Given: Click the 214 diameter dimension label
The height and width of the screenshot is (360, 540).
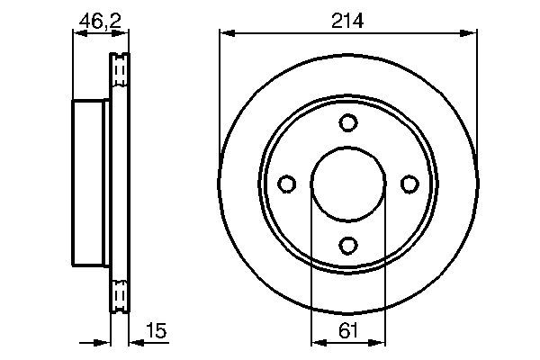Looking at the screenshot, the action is pos(347,21).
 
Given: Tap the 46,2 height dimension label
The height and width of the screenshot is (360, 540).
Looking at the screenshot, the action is pos(100,22).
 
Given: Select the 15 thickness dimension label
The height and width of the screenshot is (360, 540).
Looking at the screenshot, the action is pos(157,330).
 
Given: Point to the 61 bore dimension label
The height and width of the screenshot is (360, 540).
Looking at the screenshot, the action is pos(348,330).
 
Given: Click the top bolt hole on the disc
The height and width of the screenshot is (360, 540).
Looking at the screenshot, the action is pos(348,122).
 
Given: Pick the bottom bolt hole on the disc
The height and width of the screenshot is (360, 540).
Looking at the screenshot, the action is pos(348,246).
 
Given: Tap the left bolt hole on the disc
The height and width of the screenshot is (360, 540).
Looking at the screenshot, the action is pos(286,184).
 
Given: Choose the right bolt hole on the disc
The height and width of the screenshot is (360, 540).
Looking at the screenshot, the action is pos(409,184).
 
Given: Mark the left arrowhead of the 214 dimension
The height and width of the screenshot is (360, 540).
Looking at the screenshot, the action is pos(228,33).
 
